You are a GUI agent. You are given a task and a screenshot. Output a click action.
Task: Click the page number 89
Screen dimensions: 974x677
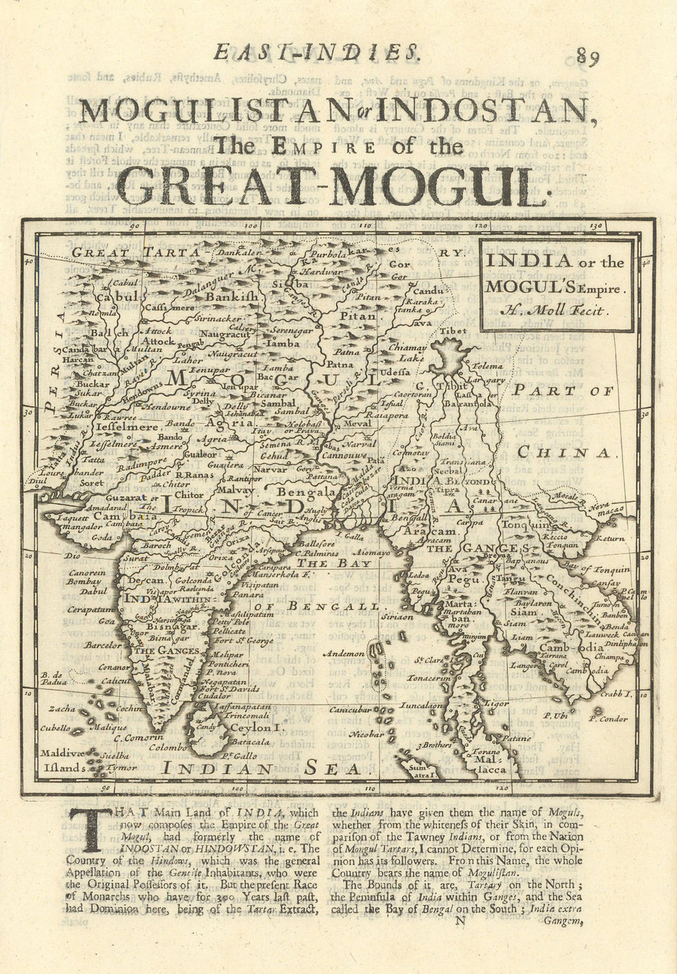click(x=586, y=56)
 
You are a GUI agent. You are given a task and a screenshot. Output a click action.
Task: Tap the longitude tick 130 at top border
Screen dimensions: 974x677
click(x=595, y=227)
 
